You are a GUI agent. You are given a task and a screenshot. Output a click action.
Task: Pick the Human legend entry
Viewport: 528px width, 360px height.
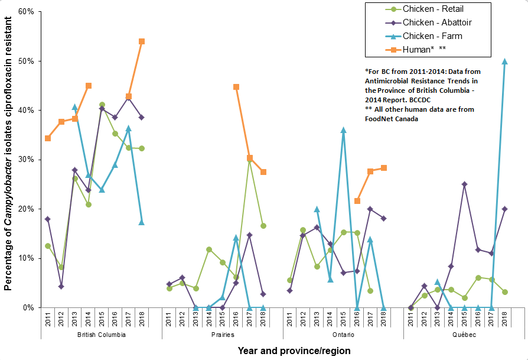(x=419, y=50)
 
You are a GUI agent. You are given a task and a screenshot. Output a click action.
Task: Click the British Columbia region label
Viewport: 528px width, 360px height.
(x=102, y=335)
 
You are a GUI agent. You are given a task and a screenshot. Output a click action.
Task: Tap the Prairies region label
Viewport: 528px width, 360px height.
(x=222, y=335)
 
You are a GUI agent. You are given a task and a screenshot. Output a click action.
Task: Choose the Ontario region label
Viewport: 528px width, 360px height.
(x=343, y=335)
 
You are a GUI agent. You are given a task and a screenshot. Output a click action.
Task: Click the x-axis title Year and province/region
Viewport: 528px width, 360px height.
(x=294, y=351)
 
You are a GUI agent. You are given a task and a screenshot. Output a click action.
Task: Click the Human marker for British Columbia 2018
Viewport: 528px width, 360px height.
(x=142, y=41)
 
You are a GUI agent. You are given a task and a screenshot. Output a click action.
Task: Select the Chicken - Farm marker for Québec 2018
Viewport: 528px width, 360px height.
(x=504, y=61)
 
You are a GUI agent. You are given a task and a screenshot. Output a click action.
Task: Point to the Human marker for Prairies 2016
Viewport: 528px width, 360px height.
(x=236, y=87)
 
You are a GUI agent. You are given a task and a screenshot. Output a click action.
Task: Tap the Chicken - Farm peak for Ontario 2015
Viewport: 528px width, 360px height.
(x=343, y=130)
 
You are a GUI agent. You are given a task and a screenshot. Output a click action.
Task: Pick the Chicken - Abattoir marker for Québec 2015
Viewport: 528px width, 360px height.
(x=464, y=184)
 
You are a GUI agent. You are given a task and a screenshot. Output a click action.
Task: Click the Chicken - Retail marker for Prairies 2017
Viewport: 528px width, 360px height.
(x=250, y=159)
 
